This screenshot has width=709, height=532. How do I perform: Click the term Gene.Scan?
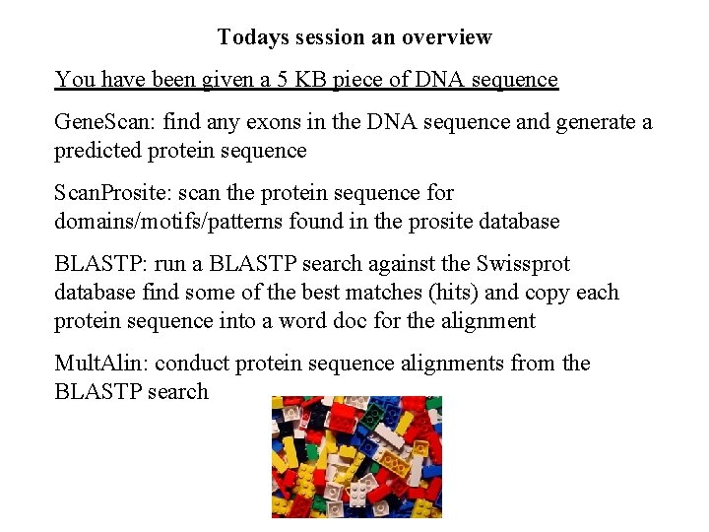point(105,123)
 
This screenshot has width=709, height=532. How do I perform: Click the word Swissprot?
point(521,265)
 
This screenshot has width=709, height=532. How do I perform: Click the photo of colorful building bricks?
point(356,457)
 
